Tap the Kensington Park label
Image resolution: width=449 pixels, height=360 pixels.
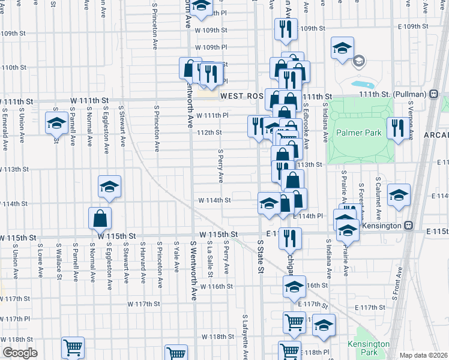(x=368, y=347)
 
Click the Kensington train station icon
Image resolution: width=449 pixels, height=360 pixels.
(x=408, y=226)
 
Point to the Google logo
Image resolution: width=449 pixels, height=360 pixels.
(x=20, y=353)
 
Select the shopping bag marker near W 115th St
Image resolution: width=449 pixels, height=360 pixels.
(x=100, y=218)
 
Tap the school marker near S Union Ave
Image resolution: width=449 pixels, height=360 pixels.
(x=57, y=123)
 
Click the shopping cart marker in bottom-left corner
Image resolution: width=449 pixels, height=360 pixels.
(x=73, y=347)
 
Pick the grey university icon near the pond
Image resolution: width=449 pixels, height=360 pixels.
(x=359, y=61)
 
